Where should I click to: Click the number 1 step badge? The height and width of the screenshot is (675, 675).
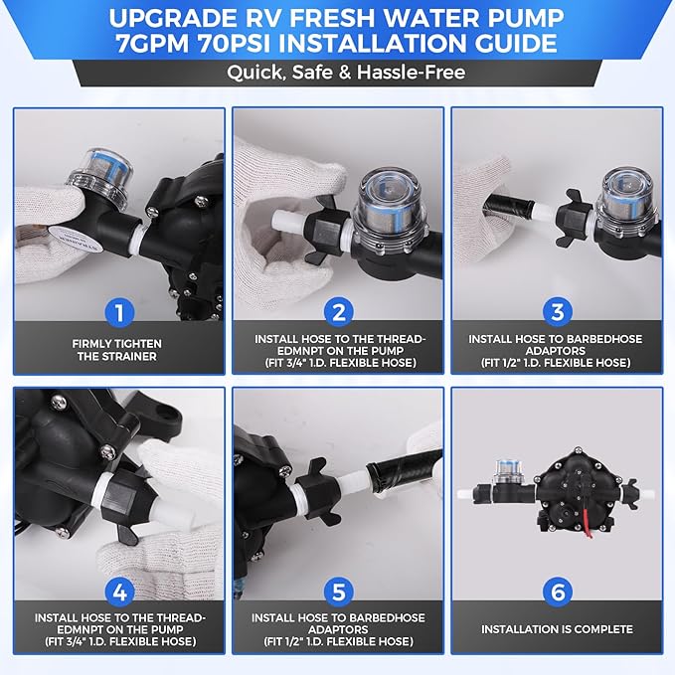point(119,312)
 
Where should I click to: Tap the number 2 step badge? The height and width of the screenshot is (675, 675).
point(338,312)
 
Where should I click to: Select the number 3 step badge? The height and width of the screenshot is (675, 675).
point(557,312)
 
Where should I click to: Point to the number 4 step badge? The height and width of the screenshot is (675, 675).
point(119,591)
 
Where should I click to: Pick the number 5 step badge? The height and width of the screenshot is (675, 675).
point(338,591)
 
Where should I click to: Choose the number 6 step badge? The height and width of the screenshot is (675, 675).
point(557,591)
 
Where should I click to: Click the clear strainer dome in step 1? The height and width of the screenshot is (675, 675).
point(100,177)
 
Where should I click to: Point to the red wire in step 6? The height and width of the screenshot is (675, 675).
point(587,522)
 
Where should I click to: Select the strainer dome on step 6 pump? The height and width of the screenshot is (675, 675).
point(507,472)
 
